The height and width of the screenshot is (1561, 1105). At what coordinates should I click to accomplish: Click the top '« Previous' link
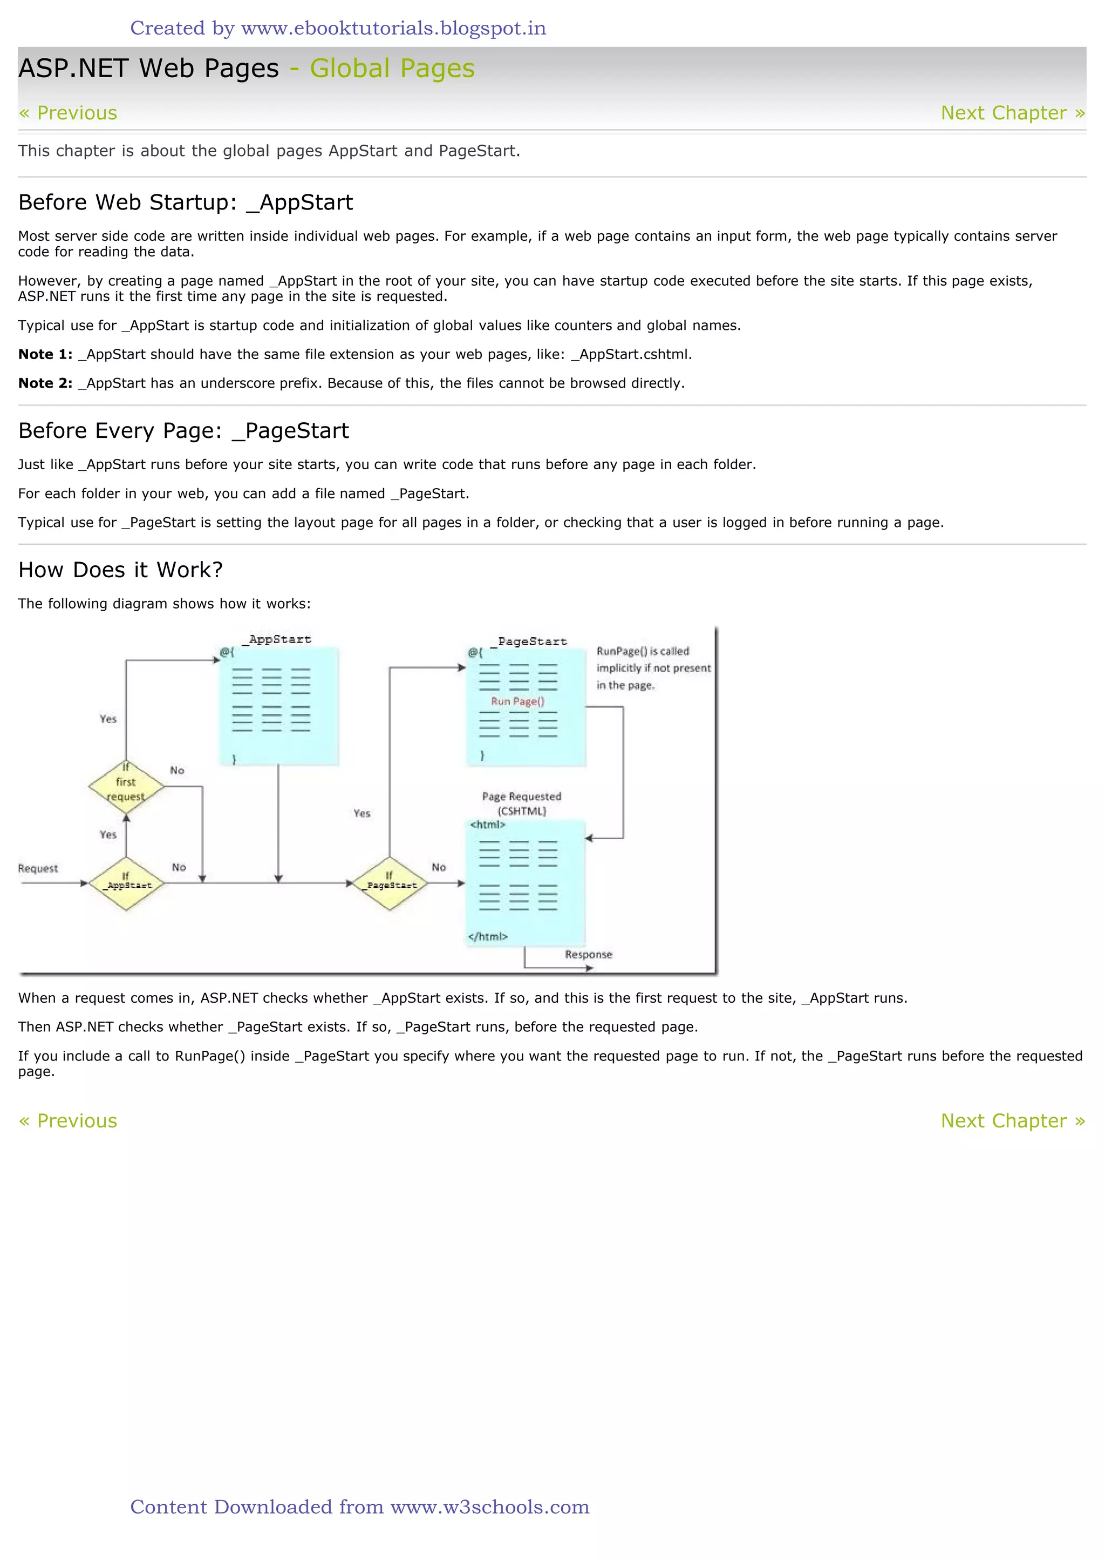tap(68, 113)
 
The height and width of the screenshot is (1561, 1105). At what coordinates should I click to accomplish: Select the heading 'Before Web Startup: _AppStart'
tap(186, 203)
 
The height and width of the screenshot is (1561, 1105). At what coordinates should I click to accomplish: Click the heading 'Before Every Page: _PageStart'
tap(183, 431)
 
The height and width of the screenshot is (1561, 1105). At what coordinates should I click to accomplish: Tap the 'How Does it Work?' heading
tap(120, 570)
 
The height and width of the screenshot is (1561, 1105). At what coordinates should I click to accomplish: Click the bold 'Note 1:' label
tap(45, 355)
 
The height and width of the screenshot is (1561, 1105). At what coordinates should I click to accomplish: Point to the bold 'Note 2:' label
tap(45, 383)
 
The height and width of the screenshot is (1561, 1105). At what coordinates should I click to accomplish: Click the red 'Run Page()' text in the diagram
tap(518, 702)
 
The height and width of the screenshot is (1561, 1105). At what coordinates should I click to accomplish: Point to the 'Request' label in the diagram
tap(38, 869)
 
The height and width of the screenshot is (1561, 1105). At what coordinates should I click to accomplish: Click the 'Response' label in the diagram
tap(589, 955)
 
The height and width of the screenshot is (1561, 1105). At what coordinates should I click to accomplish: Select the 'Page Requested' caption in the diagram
tap(522, 797)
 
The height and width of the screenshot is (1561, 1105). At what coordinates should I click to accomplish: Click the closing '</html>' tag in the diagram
tap(488, 937)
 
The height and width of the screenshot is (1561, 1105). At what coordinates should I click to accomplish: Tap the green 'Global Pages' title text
tap(392, 69)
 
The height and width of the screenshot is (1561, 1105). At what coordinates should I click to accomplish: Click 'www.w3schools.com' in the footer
tap(490, 1506)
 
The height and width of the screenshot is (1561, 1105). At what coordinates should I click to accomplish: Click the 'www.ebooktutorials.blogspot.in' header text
tap(393, 29)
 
